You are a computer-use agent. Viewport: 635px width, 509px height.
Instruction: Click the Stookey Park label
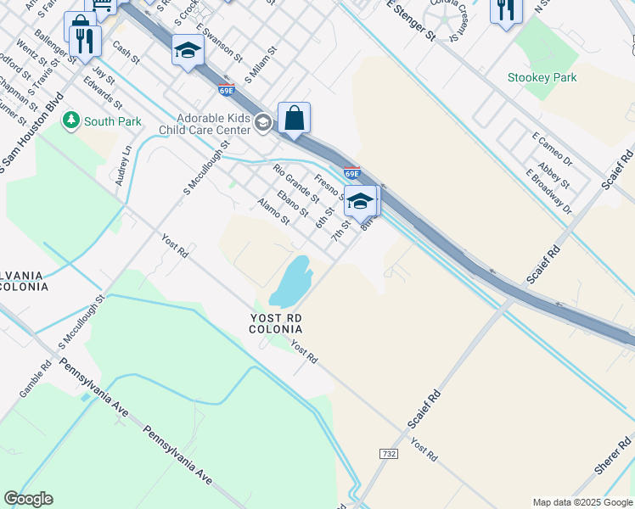click(x=542, y=78)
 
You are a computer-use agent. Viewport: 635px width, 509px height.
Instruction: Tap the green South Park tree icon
click(x=72, y=121)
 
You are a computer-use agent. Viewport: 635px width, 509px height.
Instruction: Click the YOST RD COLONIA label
click(x=276, y=322)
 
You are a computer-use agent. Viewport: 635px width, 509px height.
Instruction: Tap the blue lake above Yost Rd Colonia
click(x=289, y=282)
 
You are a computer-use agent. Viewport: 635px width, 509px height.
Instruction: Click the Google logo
click(x=28, y=499)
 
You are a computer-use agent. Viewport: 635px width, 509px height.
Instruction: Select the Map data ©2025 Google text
click(x=582, y=502)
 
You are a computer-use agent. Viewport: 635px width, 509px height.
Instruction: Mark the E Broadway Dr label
click(x=549, y=191)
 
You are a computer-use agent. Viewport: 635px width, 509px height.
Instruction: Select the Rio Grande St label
click(x=296, y=183)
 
